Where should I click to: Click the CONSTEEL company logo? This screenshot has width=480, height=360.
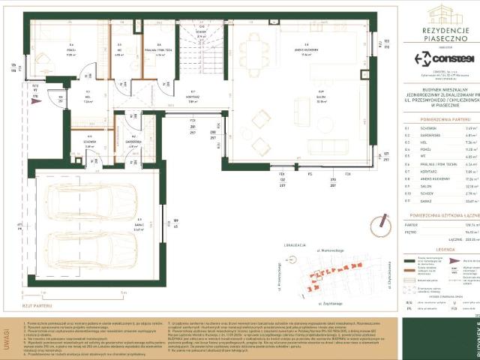[x=444, y=58]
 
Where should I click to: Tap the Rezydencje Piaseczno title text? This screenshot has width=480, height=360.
[x=444, y=32]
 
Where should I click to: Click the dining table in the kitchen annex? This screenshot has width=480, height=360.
[x=253, y=51]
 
